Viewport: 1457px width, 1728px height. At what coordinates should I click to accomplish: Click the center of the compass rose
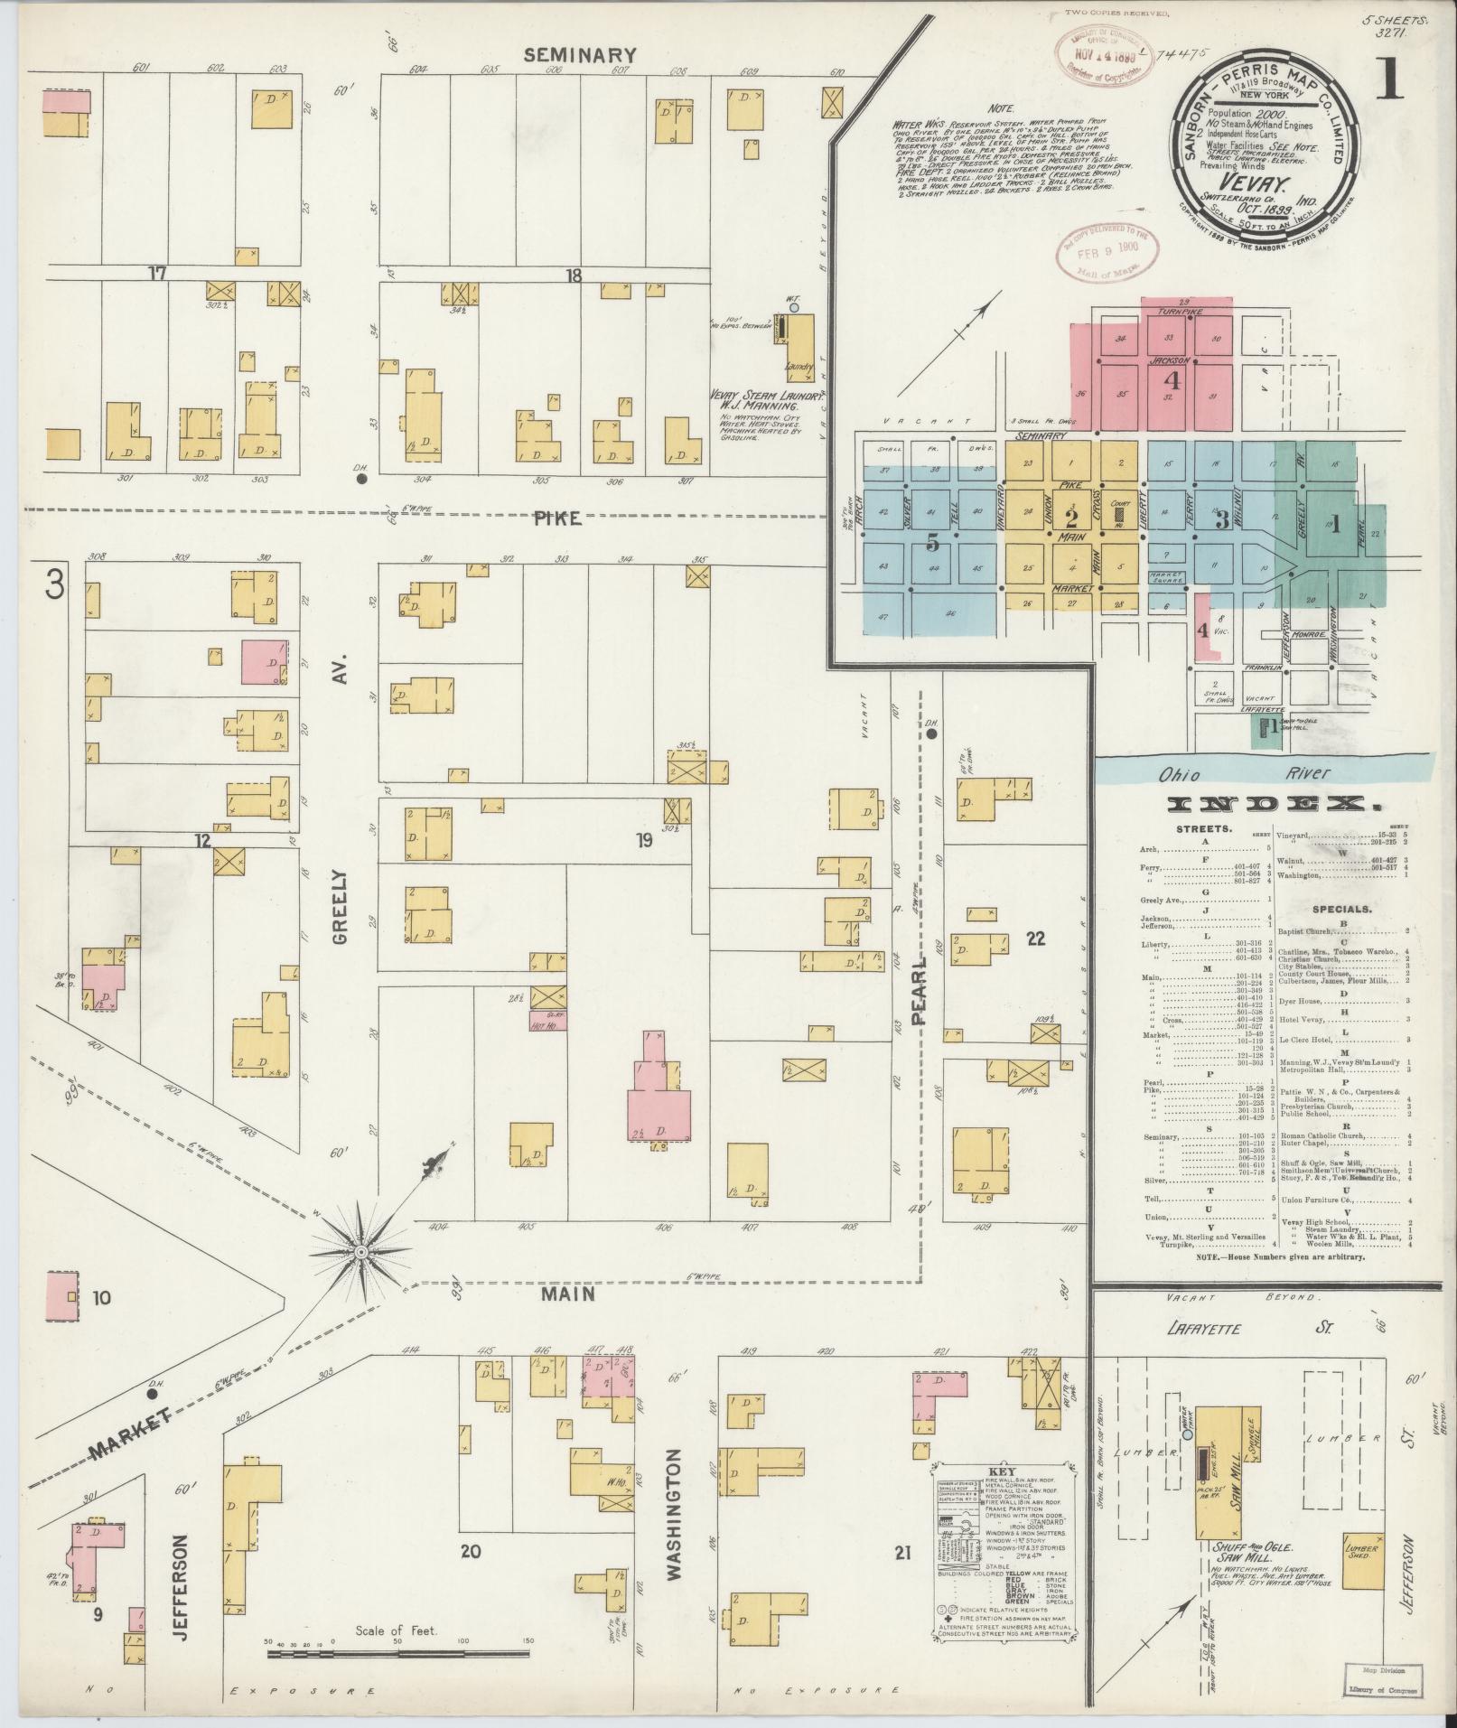360,1252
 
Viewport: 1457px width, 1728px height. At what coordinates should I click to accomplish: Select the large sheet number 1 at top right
1392,79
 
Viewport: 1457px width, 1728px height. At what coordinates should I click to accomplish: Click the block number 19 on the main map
643,841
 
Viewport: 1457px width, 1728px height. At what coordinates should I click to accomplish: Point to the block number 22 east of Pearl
1035,939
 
